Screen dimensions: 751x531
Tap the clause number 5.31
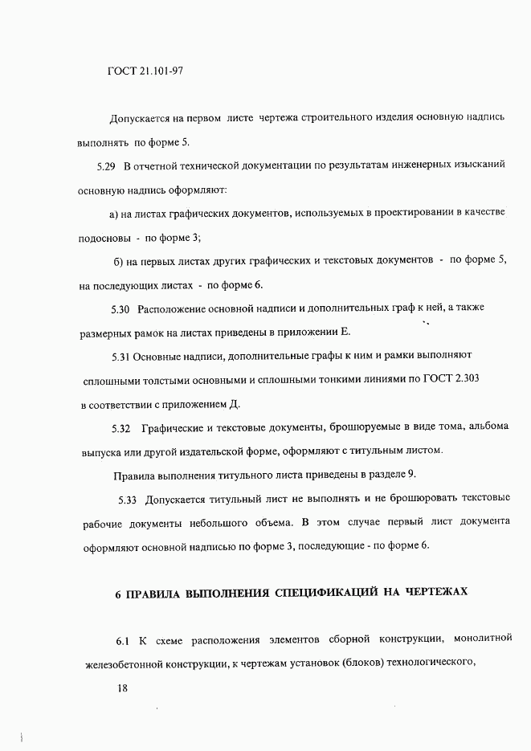120,355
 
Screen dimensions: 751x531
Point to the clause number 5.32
120,426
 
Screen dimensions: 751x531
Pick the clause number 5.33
128,500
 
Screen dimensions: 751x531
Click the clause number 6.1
123,641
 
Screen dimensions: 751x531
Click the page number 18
122,689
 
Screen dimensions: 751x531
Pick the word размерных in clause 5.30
104,333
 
